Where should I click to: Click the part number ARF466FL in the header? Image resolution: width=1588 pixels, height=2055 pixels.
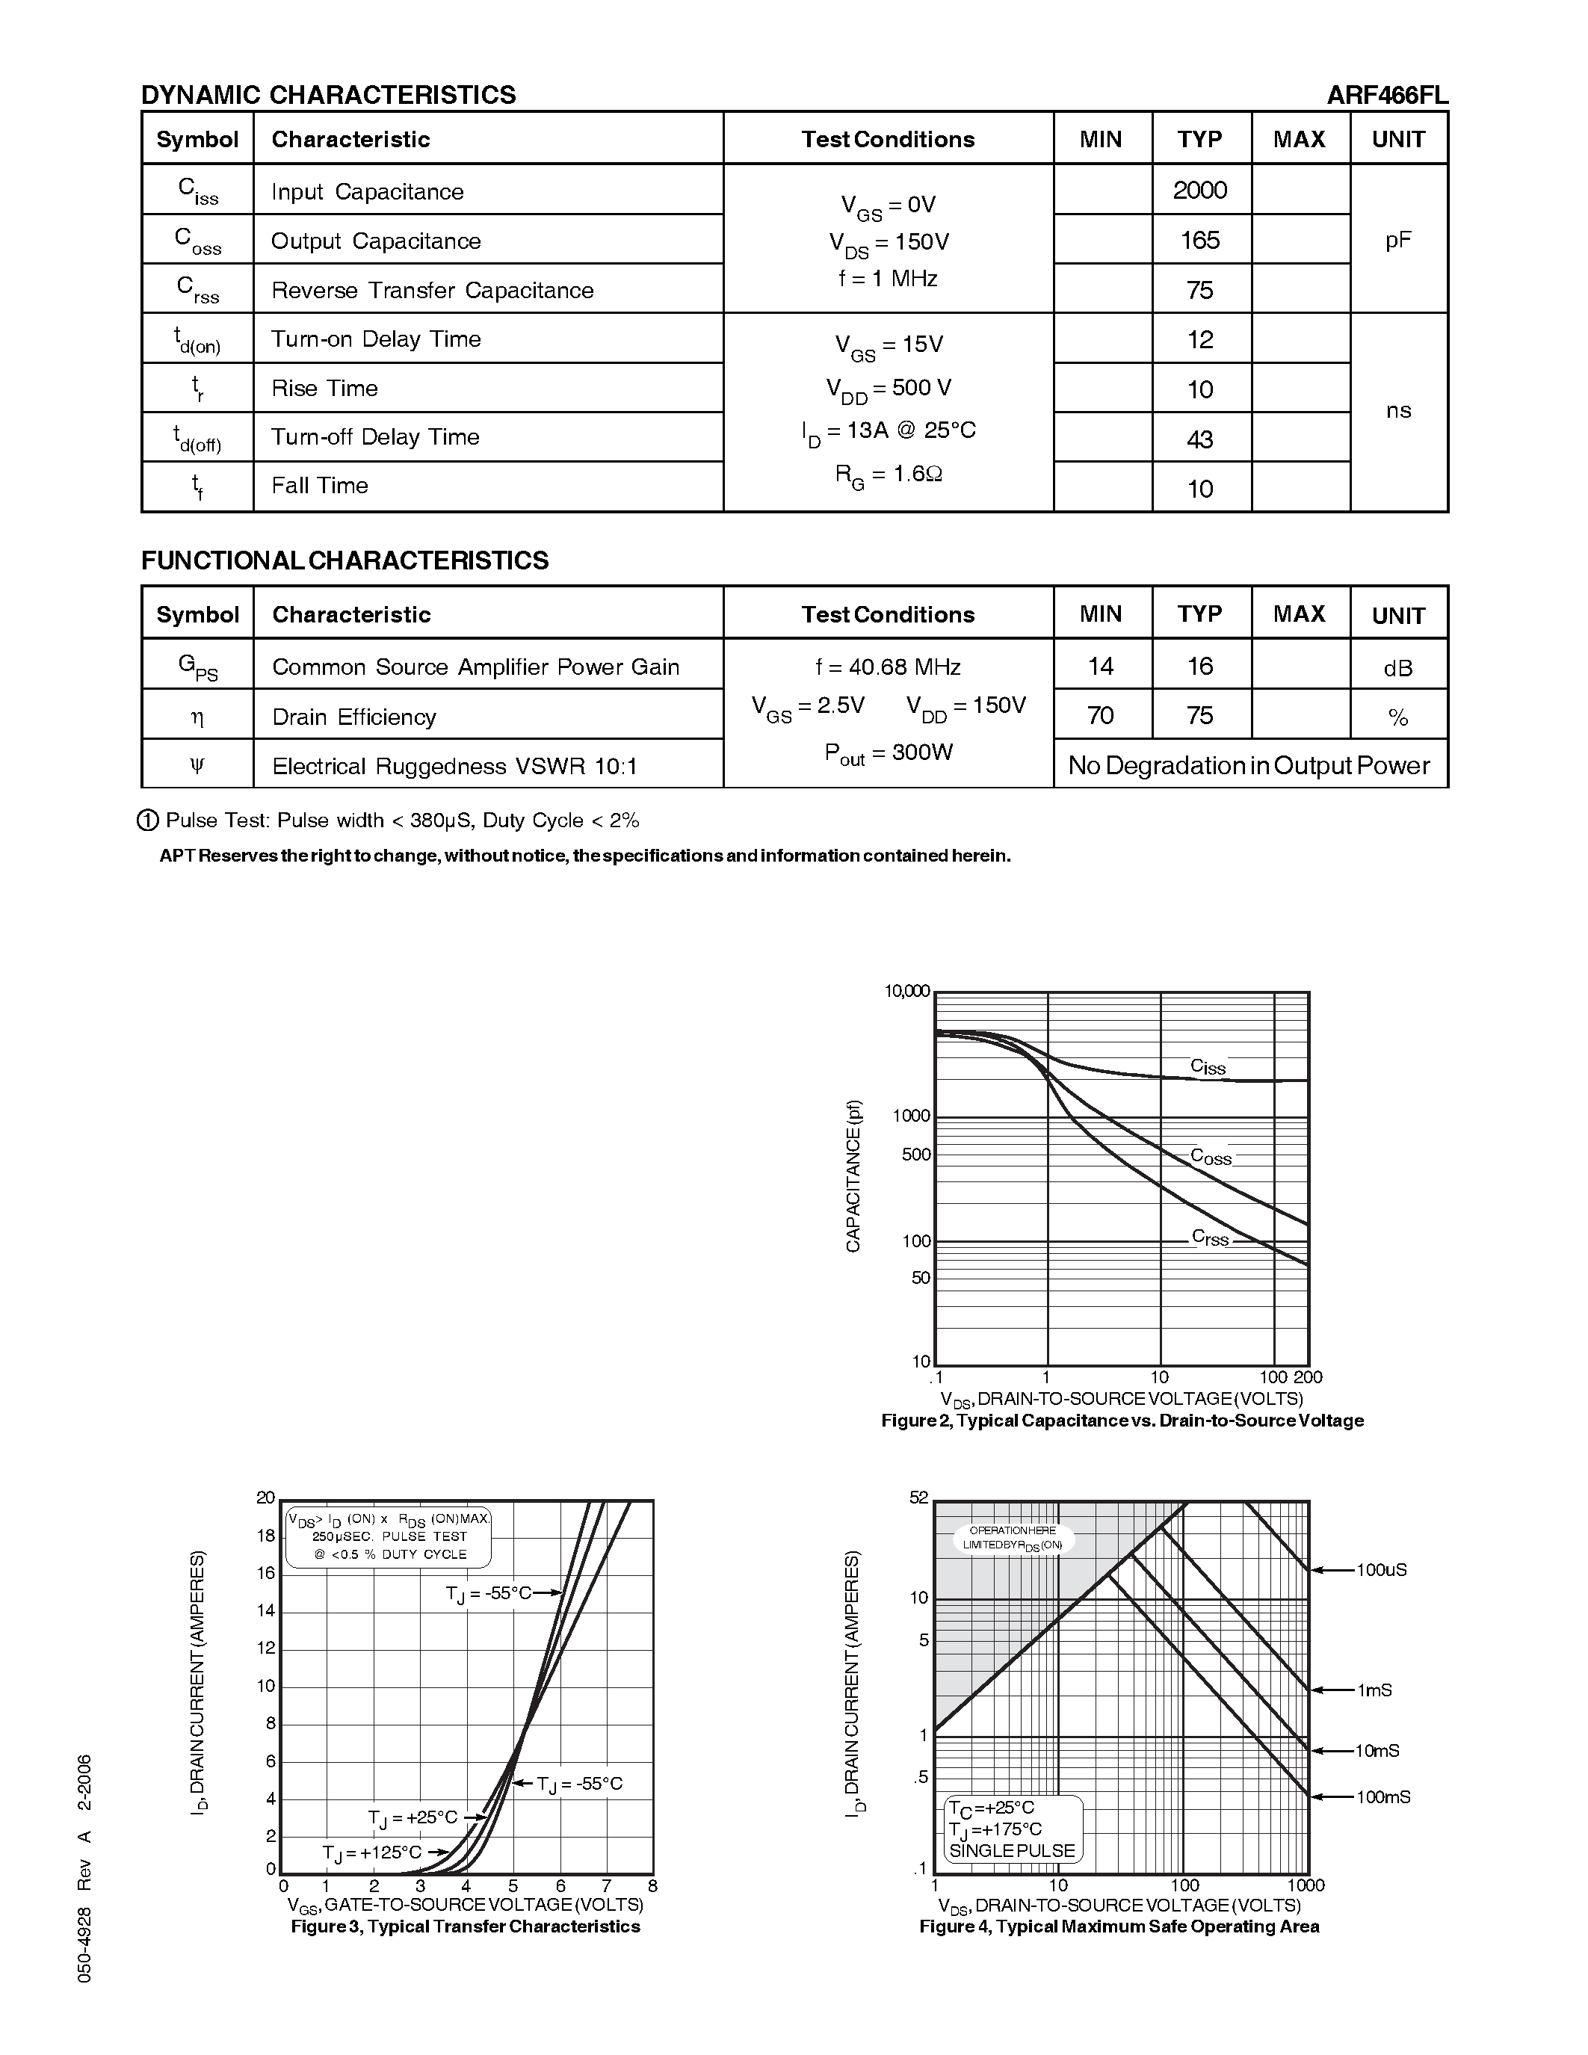[x=1387, y=95]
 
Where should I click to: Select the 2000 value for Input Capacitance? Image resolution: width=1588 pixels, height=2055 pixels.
[x=1199, y=190]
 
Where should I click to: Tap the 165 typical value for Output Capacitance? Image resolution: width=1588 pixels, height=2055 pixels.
[x=1199, y=240]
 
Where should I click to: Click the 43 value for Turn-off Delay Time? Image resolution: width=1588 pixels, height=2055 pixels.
[x=1199, y=439]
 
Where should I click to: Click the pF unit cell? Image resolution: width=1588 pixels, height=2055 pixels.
[x=1398, y=240]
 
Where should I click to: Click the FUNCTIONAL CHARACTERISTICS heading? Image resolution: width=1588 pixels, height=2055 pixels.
[x=345, y=560]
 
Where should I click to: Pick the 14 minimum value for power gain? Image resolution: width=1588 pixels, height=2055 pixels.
[x=1100, y=666]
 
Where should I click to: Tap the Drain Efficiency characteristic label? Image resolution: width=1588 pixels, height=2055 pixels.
[x=353, y=717]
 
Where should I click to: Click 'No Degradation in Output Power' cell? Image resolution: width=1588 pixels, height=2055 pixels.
[x=1249, y=765]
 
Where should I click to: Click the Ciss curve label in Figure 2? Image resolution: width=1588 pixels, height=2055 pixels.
[x=1208, y=1066]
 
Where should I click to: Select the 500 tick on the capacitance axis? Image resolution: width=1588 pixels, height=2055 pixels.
[x=915, y=1155]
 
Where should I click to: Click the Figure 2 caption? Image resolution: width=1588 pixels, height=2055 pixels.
[x=1122, y=1420]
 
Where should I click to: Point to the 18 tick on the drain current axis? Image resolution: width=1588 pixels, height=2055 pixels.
[x=266, y=1536]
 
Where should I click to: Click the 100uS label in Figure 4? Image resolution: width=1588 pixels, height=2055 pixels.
[x=1381, y=1569]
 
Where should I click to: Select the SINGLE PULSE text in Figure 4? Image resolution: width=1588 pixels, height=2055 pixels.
[x=1011, y=1850]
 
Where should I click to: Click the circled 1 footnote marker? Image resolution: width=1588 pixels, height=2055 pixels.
[x=148, y=821]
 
